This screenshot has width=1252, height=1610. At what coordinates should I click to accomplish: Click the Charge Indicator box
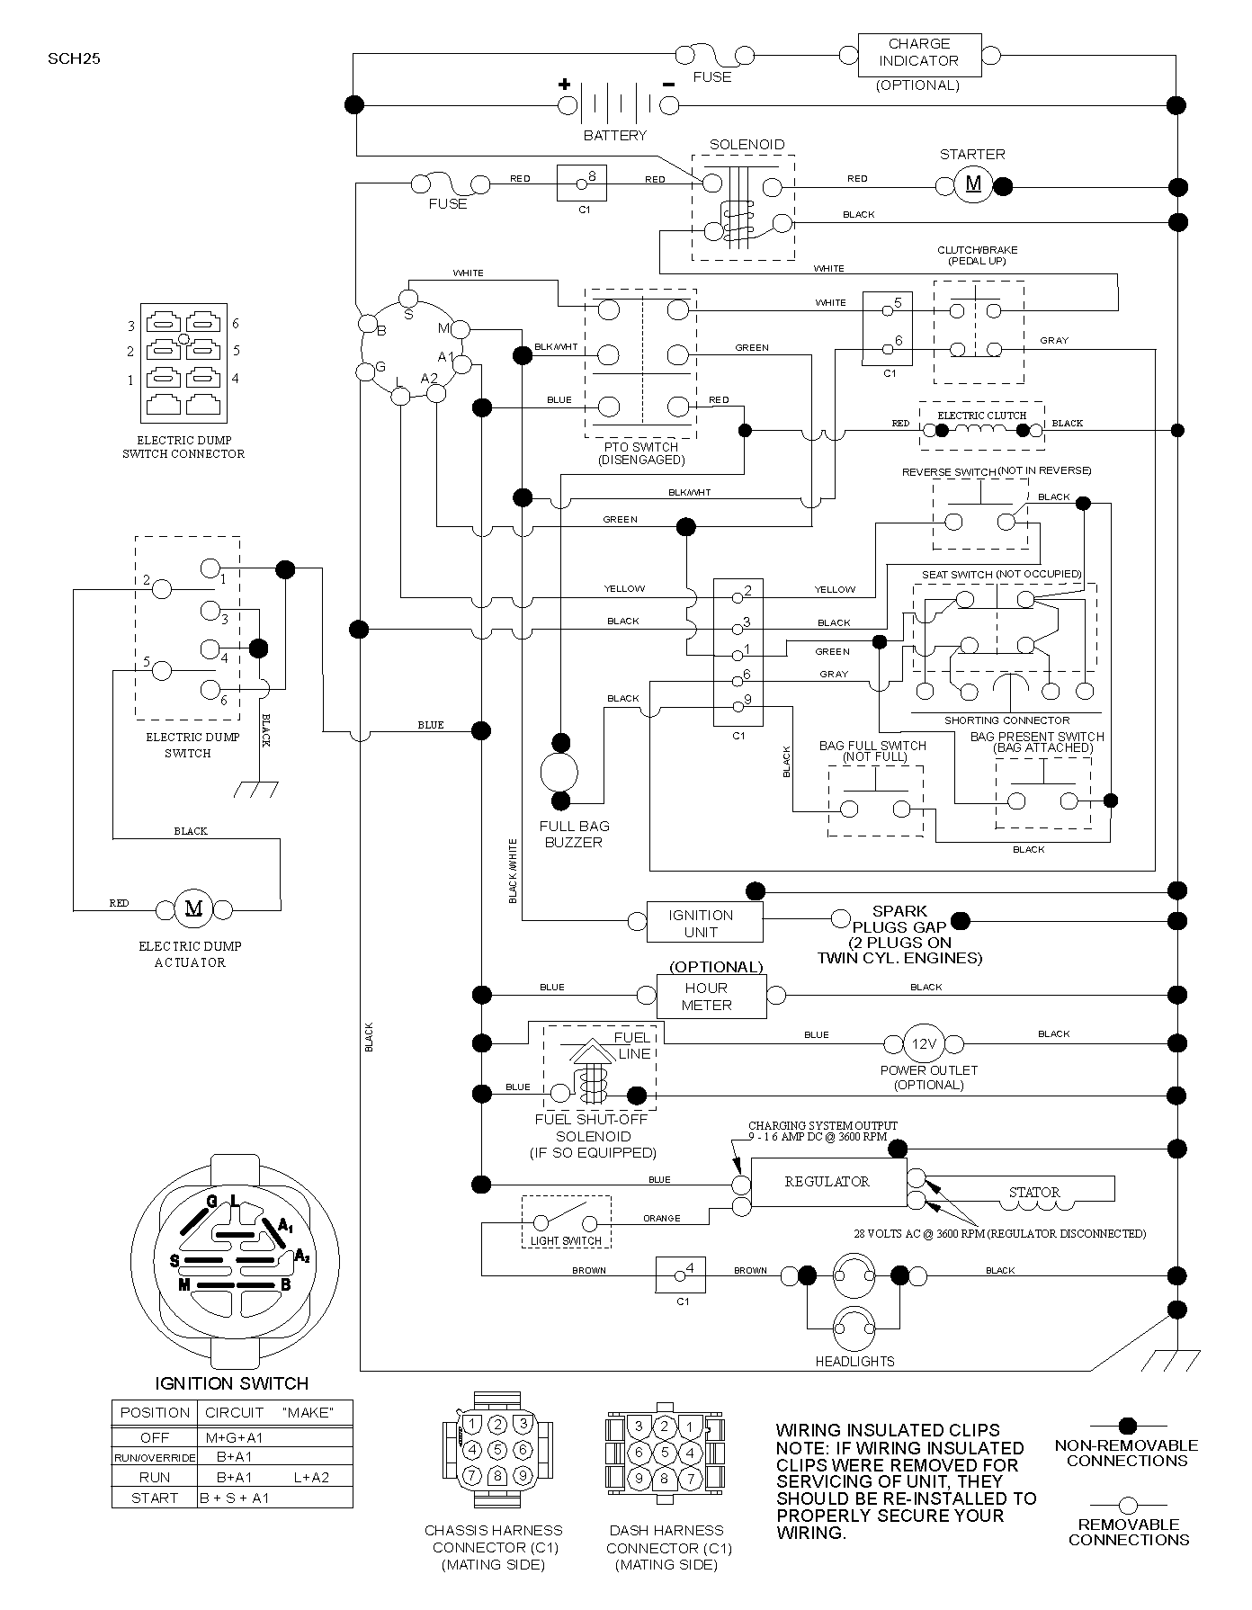pyautogui.click(x=919, y=56)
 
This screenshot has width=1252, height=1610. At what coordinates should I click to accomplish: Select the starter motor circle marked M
pyautogui.click(x=973, y=184)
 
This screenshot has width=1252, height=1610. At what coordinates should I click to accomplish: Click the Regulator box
pyautogui.click(x=828, y=1182)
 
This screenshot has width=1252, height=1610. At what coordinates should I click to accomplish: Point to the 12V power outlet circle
pyautogui.click(x=923, y=1044)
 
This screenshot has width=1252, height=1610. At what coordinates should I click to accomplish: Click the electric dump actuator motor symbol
pyautogui.click(x=193, y=908)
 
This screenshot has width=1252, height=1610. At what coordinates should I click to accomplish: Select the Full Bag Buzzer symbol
pyautogui.click(x=560, y=772)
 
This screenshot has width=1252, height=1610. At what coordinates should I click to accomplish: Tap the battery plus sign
pyautogui.click(x=565, y=85)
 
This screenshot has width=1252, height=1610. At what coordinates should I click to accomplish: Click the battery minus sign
pyautogui.click(x=668, y=85)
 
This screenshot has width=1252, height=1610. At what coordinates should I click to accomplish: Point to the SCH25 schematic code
pyautogui.click(x=69, y=60)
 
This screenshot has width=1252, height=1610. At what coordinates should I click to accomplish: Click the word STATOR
pyautogui.click(x=1034, y=1192)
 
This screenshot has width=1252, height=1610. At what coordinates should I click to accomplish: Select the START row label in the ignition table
pyautogui.click(x=154, y=1498)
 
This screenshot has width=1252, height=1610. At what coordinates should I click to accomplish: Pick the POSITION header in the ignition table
pyautogui.click(x=155, y=1413)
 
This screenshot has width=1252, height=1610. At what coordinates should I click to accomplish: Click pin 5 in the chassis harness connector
pyautogui.click(x=497, y=1449)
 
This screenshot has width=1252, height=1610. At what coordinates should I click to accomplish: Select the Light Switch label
pyautogui.click(x=566, y=1240)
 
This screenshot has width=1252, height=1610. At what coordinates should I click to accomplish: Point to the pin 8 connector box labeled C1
pyautogui.click(x=582, y=183)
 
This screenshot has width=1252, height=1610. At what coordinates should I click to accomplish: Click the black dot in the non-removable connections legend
pyautogui.click(x=1128, y=1426)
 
